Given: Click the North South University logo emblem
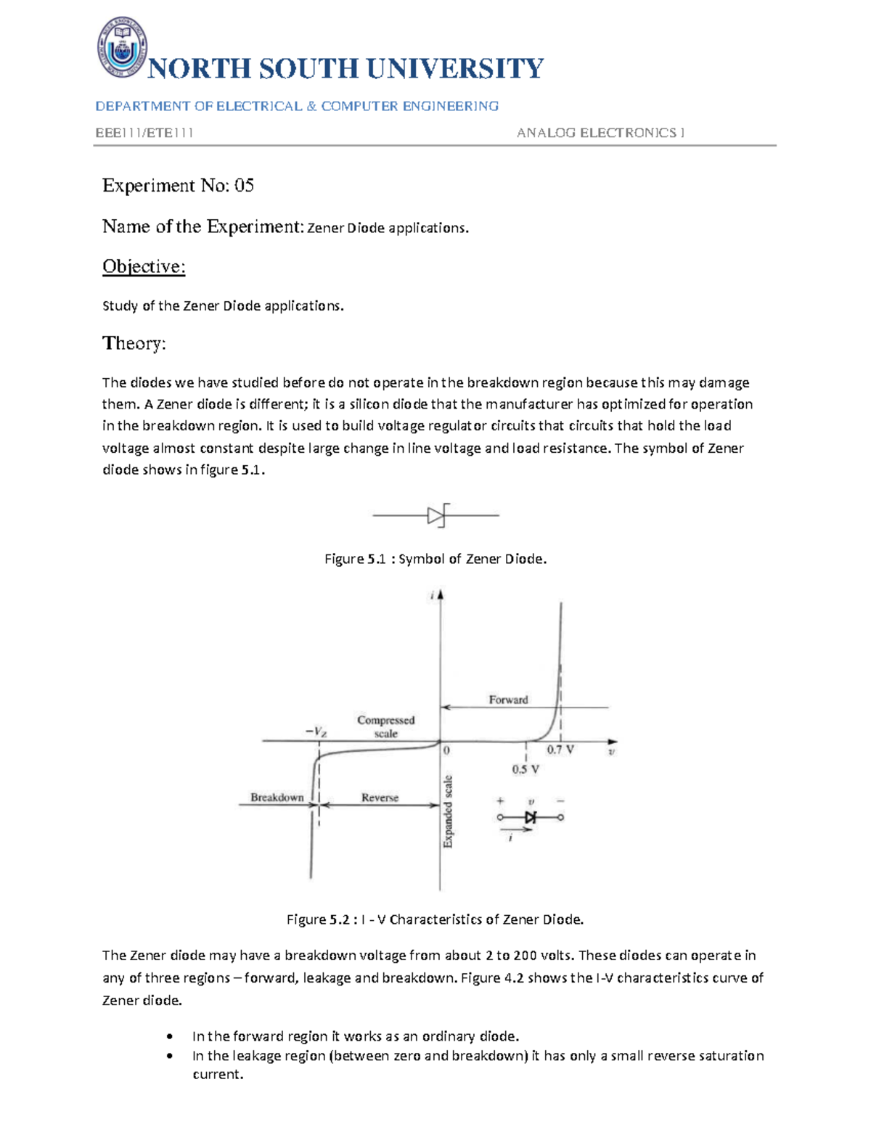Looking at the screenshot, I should pyautogui.click(x=122, y=47).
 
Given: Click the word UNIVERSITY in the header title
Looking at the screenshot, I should pyautogui.click(x=454, y=69).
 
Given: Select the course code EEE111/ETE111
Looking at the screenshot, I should pyautogui.click(x=144, y=133).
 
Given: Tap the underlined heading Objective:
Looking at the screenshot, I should pyautogui.click(x=144, y=267).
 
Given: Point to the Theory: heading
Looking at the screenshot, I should pyautogui.click(x=134, y=343).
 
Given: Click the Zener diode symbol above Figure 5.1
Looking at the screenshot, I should pyautogui.click(x=437, y=516).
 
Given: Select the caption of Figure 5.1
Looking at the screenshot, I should pyautogui.click(x=435, y=559).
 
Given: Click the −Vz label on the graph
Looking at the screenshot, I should pyautogui.click(x=316, y=732).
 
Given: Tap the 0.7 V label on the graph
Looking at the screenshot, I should pyautogui.click(x=560, y=750).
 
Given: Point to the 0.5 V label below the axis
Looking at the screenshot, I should pyautogui.click(x=526, y=769).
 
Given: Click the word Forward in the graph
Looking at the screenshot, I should pyautogui.click(x=508, y=700).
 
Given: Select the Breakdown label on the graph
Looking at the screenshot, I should pyautogui.click(x=277, y=798).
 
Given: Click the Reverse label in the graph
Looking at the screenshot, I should pyautogui.click(x=380, y=798).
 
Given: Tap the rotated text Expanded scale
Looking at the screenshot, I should pyautogui.click(x=448, y=811).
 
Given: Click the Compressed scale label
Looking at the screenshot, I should pyautogui.click(x=385, y=726).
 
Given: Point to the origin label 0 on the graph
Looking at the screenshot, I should pyautogui.click(x=446, y=751).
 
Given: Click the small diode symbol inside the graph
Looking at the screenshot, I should pyautogui.click(x=531, y=817).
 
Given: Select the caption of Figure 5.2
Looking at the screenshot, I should pyautogui.click(x=435, y=919).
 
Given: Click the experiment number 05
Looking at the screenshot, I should pyautogui.click(x=244, y=186).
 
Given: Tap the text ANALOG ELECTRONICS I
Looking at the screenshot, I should pyautogui.click(x=600, y=133).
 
